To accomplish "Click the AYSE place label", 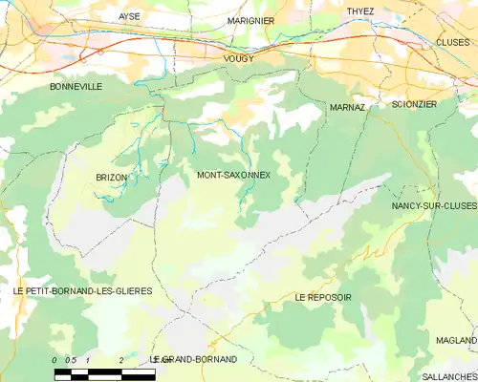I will point(129,17).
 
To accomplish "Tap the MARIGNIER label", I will point(251,20).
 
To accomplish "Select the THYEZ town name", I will point(360,11).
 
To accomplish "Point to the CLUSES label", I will point(452,42).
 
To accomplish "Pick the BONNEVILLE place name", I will point(76,86).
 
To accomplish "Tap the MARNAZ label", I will point(347,108).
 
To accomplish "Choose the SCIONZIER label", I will point(414,103).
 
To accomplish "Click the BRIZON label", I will point(112,178).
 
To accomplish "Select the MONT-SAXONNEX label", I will point(233,175).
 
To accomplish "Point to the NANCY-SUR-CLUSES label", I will point(434,205).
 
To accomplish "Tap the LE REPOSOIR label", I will point(323,298).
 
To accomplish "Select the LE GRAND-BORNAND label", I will point(194,359).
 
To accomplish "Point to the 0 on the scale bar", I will point(55,359).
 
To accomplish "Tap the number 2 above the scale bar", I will point(121,359).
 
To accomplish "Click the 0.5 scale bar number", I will point(71,359).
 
